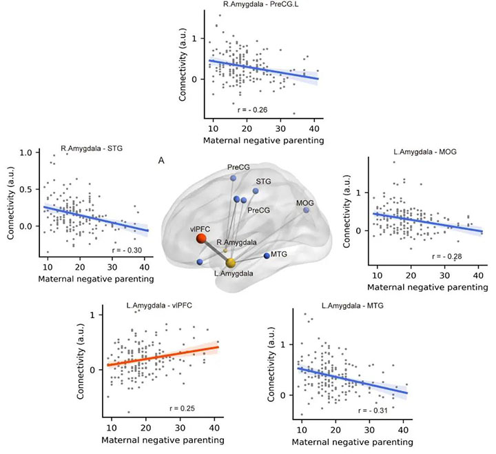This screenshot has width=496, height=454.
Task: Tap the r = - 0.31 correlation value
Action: pyautogui.click(x=372, y=411)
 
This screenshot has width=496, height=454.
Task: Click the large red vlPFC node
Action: pyautogui.click(x=200, y=239)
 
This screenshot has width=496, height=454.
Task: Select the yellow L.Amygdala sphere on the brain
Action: pyautogui.click(x=231, y=263)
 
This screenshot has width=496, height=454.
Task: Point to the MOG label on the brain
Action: pyautogui.click(x=305, y=202)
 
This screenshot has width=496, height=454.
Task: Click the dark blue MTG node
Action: pyautogui.click(x=267, y=256)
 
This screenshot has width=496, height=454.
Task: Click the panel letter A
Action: pyautogui.click(x=161, y=161)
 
